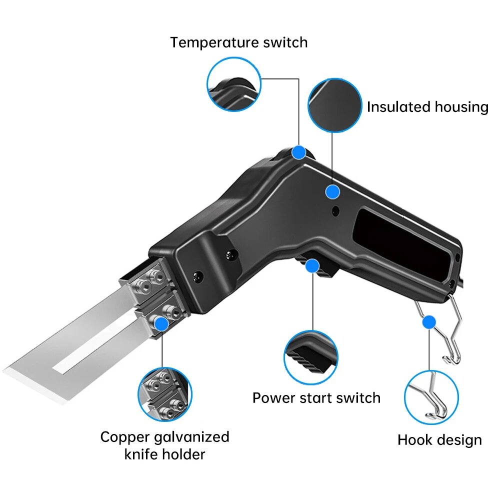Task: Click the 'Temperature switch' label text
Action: (238, 42)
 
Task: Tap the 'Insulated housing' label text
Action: (427, 107)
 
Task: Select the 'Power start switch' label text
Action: (316, 398)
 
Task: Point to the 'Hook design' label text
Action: (439, 440)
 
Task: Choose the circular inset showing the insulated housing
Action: (334, 105)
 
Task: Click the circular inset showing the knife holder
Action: (164, 393)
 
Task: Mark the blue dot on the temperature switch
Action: (299, 152)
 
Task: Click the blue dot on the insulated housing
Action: (332, 191)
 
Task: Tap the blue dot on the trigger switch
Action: (313, 265)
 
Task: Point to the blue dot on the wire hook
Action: (428, 322)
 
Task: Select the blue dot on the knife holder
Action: (161, 324)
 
